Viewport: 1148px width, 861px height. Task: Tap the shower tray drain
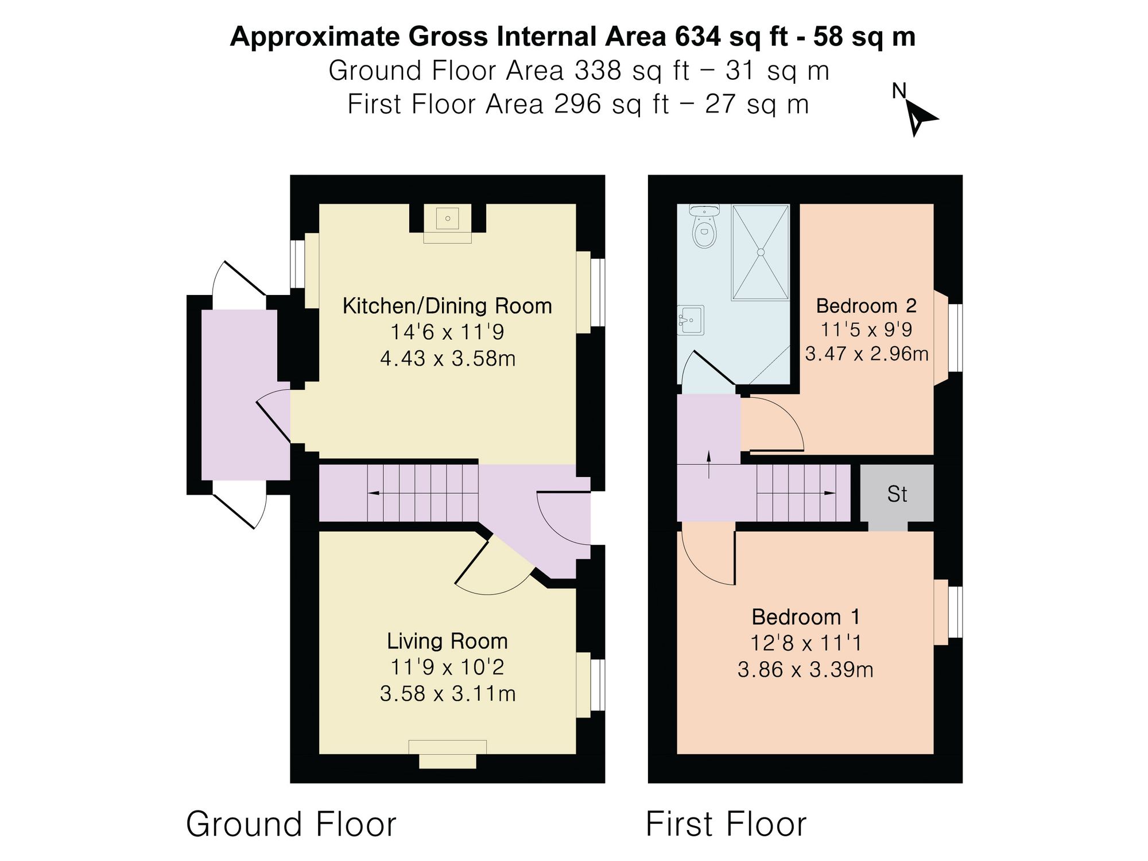(x=761, y=252)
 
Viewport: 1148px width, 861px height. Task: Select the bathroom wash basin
(x=691, y=320)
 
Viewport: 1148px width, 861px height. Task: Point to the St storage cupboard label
(x=897, y=494)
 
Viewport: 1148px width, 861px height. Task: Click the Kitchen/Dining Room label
(x=447, y=306)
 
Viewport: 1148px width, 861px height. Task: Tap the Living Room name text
(x=447, y=641)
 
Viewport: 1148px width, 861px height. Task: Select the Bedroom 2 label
(x=866, y=305)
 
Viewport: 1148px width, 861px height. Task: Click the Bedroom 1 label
(x=806, y=617)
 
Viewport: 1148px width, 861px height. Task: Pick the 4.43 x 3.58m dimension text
(x=448, y=359)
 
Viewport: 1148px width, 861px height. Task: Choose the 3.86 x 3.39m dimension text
(x=805, y=670)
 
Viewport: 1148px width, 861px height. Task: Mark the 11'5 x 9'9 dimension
(x=866, y=329)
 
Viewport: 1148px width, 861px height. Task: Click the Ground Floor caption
(x=291, y=824)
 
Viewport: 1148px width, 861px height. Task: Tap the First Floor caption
(x=726, y=824)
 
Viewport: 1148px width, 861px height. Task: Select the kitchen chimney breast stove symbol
(x=447, y=219)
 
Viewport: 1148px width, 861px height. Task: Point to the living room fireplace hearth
(x=447, y=754)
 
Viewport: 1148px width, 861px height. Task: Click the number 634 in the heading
(x=697, y=37)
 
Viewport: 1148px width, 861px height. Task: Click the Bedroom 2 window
(x=955, y=338)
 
